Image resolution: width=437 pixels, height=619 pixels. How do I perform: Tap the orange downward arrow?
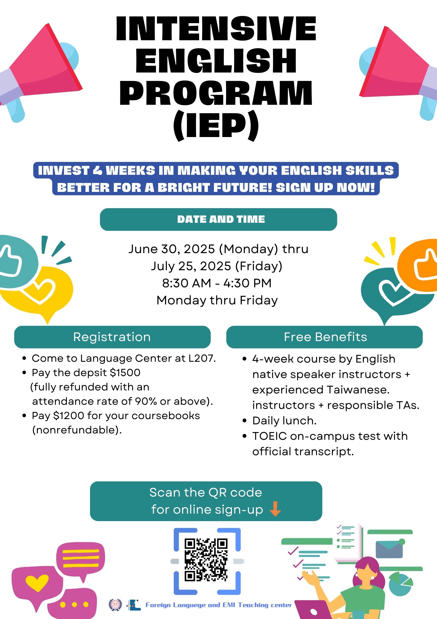tap(275, 509)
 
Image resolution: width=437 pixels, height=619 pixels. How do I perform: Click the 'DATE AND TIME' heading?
tap(221, 219)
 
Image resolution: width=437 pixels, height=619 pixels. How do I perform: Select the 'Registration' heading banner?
tap(112, 337)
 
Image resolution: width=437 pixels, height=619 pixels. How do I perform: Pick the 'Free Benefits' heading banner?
tap(324, 337)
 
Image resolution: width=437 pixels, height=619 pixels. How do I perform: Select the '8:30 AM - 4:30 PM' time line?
tap(217, 283)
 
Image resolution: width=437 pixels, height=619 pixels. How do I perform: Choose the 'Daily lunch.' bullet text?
tap(284, 421)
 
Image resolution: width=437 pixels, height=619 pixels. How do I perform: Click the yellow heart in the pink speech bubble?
tap(37, 583)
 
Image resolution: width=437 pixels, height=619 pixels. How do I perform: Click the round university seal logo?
tap(115, 605)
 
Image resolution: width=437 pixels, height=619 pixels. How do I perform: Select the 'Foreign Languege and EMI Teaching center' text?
tap(218, 605)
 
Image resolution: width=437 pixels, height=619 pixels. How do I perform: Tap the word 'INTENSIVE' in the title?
tap(216, 29)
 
